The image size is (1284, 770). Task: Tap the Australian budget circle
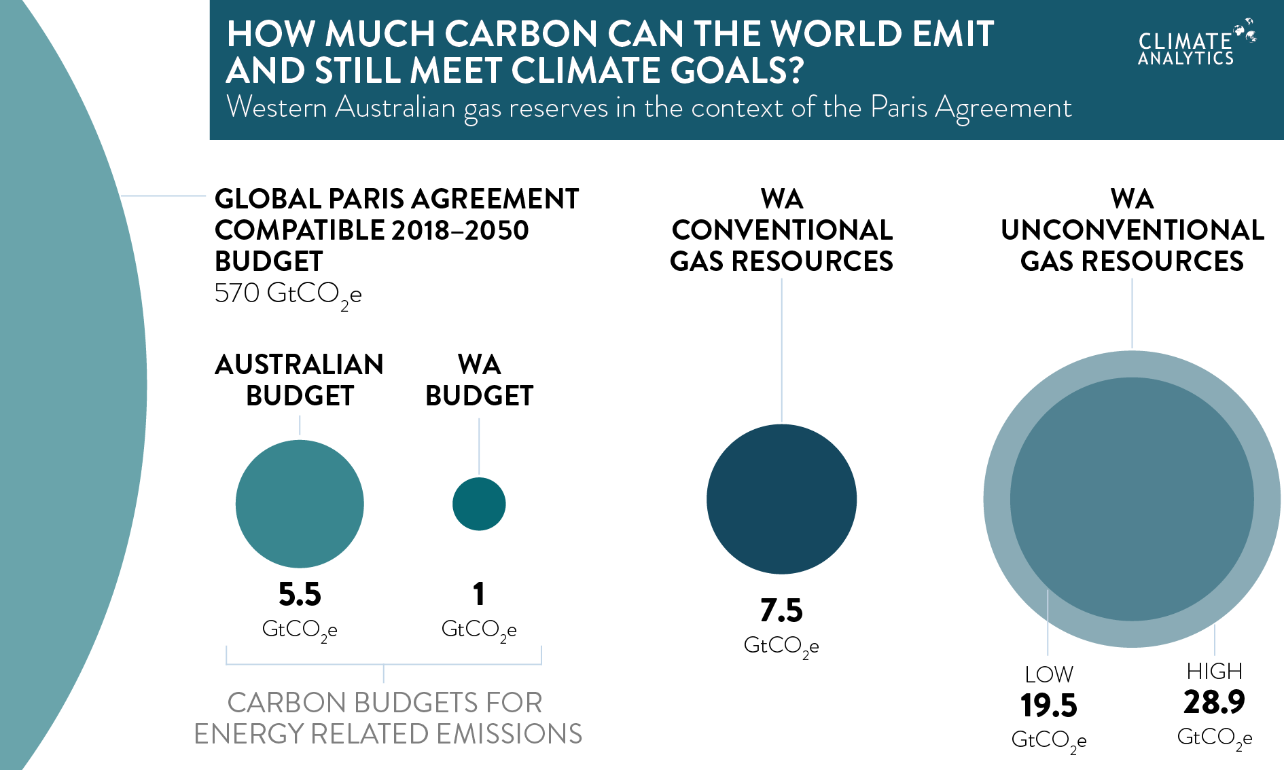pos(300,504)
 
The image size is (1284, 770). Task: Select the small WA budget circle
pos(479,504)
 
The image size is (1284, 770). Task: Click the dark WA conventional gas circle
pos(781,499)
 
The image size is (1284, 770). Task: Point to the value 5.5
pos(300,594)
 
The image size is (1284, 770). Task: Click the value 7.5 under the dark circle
pos(781,610)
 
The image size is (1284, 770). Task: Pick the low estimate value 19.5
pos(1048,705)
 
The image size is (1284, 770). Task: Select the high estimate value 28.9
pos(1214,702)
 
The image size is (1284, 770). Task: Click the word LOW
pos(1049,674)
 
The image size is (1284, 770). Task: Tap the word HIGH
pos(1214,671)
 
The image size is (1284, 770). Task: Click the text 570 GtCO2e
pos(288,294)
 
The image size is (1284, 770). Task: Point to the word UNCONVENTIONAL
pos(1132,230)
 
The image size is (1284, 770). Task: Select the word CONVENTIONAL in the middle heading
pos(782,230)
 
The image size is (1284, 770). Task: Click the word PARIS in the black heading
pos(368,199)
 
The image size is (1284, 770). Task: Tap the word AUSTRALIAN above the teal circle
pos(300,365)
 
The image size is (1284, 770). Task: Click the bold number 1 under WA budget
pos(479,594)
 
